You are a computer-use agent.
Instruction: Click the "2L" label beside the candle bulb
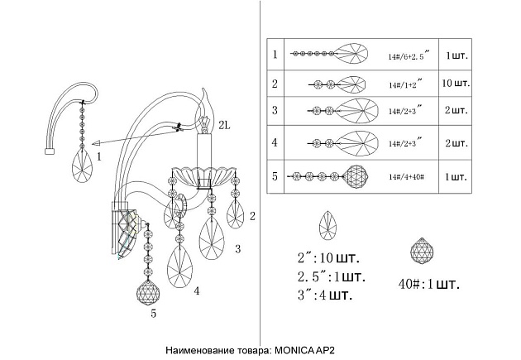[x=224, y=125]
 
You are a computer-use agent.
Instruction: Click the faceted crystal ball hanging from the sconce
[x=148, y=292]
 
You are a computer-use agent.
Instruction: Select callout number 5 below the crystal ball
[x=153, y=313]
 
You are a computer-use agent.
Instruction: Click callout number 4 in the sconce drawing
[x=197, y=291]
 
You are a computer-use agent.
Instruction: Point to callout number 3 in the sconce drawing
[x=237, y=248]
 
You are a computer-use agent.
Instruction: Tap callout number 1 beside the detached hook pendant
[x=98, y=156]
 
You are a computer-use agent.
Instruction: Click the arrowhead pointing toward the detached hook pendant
[x=96, y=143]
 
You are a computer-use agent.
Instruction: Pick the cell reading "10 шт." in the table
[x=456, y=83]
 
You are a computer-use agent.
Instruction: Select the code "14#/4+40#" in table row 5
[x=406, y=176]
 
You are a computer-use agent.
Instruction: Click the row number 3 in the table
[x=275, y=110]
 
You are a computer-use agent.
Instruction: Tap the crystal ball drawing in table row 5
[x=356, y=176]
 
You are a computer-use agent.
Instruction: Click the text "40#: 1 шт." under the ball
[x=428, y=284]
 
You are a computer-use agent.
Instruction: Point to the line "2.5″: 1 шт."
[x=332, y=276]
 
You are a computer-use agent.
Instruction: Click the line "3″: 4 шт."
[x=325, y=295]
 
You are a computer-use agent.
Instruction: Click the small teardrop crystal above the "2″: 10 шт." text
[x=327, y=225]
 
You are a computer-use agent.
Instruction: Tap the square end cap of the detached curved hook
[x=50, y=151]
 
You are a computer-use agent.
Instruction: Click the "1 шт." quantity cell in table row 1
[x=456, y=55]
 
